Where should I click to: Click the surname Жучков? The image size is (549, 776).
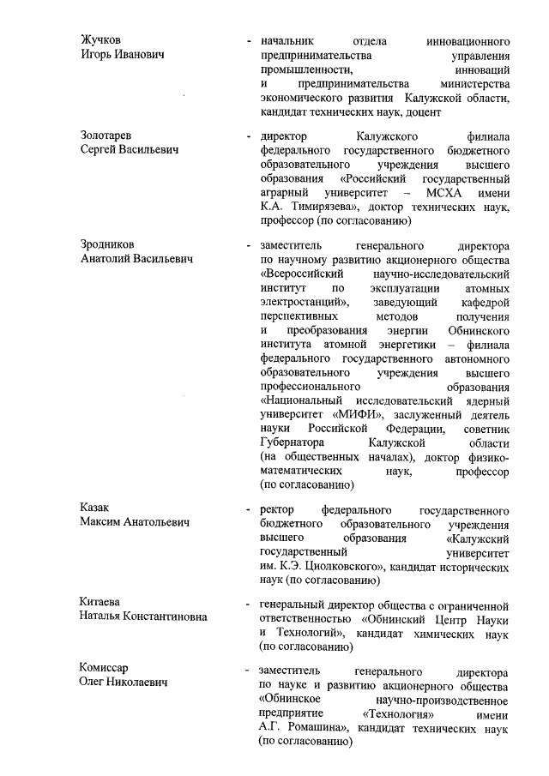(x=100, y=40)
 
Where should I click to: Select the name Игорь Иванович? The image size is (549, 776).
(x=123, y=55)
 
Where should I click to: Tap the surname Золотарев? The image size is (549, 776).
(x=108, y=136)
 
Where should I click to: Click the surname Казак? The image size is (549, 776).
(x=95, y=508)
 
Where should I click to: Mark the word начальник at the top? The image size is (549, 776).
(x=287, y=40)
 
